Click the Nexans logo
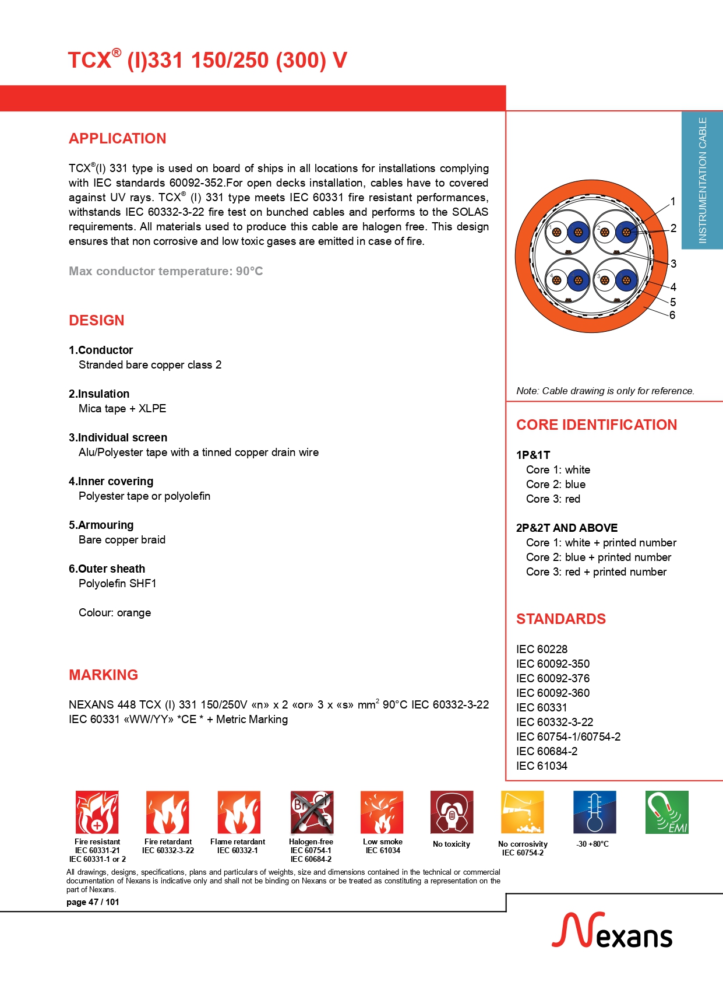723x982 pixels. [612, 931]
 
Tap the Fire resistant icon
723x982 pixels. [97, 812]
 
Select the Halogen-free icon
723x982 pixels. [312, 812]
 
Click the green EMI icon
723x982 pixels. [667, 812]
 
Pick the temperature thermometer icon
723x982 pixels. [594, 812]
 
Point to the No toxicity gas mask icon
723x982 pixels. [452, 812]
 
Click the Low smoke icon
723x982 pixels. [382, 812]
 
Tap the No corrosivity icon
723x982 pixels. [523, 812]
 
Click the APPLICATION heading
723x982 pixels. [118, 139]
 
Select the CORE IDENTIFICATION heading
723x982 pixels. [597, 425]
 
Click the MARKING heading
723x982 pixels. [104, 675]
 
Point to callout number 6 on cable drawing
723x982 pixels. [672, 315]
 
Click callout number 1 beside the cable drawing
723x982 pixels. [673, 202]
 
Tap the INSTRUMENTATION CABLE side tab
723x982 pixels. [703, 180]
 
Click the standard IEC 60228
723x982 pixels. [542, 650]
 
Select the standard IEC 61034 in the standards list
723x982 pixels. [542, 766]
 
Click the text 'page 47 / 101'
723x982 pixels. [93, 902]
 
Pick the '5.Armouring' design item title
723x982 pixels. [101, 525]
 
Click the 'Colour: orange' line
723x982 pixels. [115, 613]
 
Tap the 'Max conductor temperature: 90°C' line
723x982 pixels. [166, 271]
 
